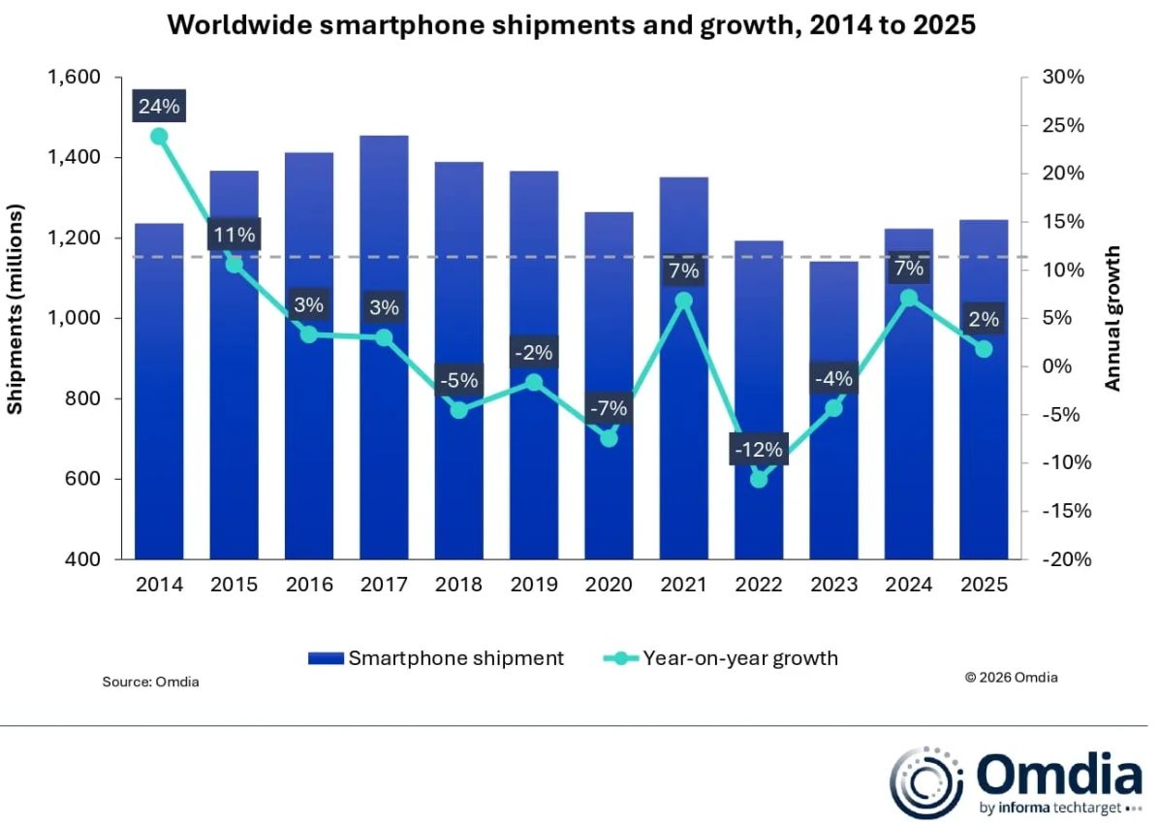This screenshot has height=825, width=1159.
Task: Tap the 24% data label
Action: coord(159,107)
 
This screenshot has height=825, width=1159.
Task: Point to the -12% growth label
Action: coord(759,449)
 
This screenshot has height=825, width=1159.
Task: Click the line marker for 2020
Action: coord(610,438)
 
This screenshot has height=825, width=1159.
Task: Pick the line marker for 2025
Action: coord(984,349)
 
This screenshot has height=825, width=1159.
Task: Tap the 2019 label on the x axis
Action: coord(534,585)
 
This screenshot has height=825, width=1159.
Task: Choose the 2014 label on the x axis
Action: coord(159,585)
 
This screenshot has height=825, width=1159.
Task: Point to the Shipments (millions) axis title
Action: coord(16,308)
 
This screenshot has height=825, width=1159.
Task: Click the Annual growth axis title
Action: coord(1113,318)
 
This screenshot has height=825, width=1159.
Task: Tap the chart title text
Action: coord(572,26)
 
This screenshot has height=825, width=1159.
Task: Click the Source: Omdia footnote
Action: coord(150,682)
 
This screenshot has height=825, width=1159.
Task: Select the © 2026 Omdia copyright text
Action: coord(1011,678)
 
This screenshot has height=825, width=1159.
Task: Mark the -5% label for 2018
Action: coord(459,381)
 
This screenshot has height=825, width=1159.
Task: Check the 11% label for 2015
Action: coord(234,235)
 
